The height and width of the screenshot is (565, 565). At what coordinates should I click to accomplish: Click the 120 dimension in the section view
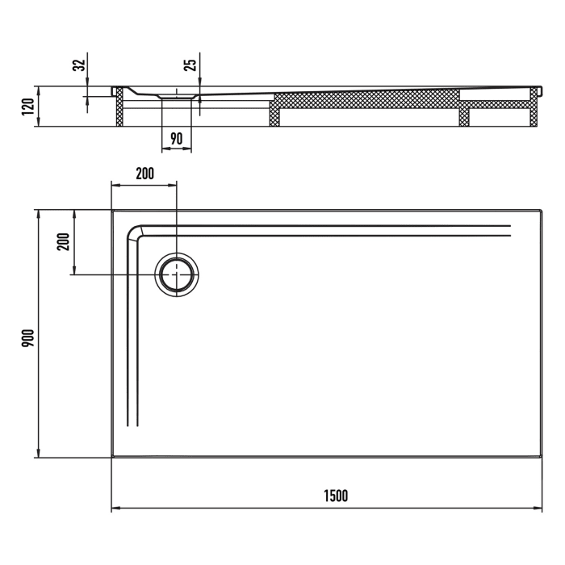[x=27, y=106]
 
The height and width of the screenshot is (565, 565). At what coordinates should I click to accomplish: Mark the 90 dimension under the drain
[x=177, y=139]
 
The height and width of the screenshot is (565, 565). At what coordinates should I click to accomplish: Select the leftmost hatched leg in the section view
[x=120, y=108]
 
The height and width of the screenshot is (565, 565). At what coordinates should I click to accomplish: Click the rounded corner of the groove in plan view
[x=135, y=232]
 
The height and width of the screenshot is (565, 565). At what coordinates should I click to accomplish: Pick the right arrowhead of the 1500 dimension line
[x=538, y=508]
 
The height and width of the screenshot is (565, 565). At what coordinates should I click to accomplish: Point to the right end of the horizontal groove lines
[x=510, y=230]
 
